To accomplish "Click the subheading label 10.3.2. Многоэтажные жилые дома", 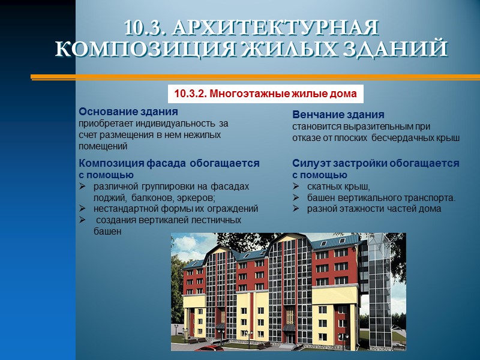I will (x=265, y=94).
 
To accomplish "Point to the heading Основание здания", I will (x=128, y=112).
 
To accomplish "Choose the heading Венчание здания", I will (x=338, y=115).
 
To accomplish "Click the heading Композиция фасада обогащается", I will (x=169, y=163).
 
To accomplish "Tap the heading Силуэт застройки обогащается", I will (x=376, y=163).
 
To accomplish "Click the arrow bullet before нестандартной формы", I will (x=83, y=209).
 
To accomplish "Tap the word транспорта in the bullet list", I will (x=430, y=197).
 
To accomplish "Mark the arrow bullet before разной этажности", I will (x=296, y=209).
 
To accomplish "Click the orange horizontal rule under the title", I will (x=255, y=77).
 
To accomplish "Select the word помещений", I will (x=103, y=146).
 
